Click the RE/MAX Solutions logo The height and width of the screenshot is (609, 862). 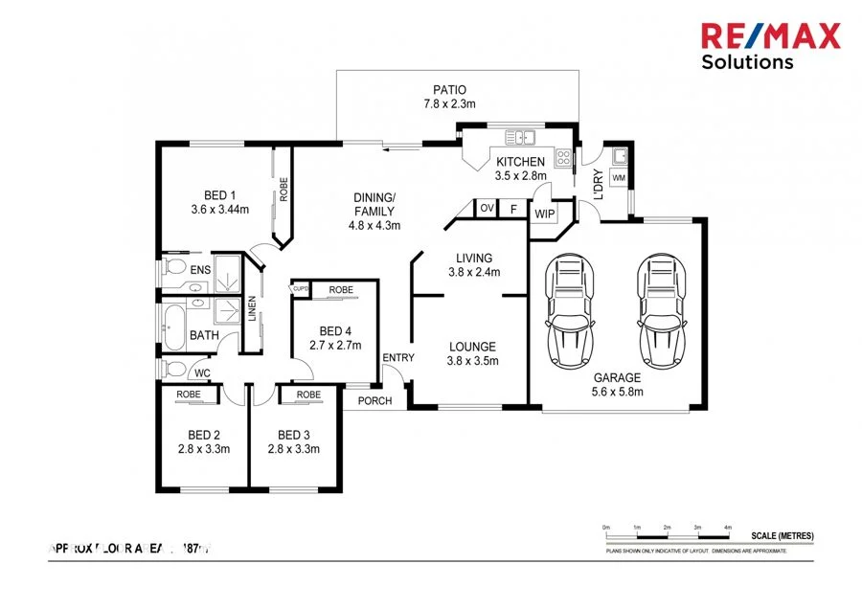click(x=770, y=45)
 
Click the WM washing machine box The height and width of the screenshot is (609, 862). click(x=619, y=178)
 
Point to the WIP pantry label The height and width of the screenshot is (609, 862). click(x=545, y=214)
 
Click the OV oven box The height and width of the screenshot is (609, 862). click(x=487, y=208)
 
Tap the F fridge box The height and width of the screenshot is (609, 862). click(x=513, y=208)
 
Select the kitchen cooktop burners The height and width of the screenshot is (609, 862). click(x=565, y=159)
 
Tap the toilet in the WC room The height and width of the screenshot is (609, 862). click(x=173, y=370)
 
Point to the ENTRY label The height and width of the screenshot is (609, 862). click(x=397, y=358)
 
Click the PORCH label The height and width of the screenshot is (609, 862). click(x=374, y=400)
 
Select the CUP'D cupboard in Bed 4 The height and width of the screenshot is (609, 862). click(x=299, y=288)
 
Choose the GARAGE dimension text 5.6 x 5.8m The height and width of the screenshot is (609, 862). click(x=617, y=392)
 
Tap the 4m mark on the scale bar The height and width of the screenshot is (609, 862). click(x=728, y=529)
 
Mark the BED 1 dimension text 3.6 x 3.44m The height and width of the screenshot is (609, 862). click(x=220, y=208)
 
